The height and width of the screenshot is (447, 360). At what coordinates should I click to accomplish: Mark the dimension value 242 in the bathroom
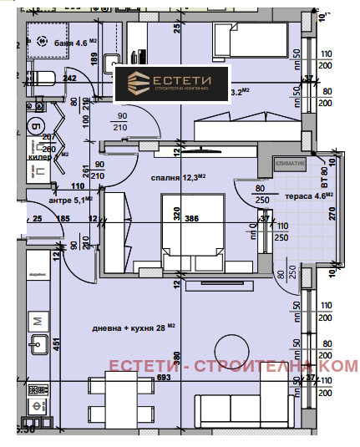point(69,79)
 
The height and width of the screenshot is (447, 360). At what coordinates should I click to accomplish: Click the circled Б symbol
point(36,127)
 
